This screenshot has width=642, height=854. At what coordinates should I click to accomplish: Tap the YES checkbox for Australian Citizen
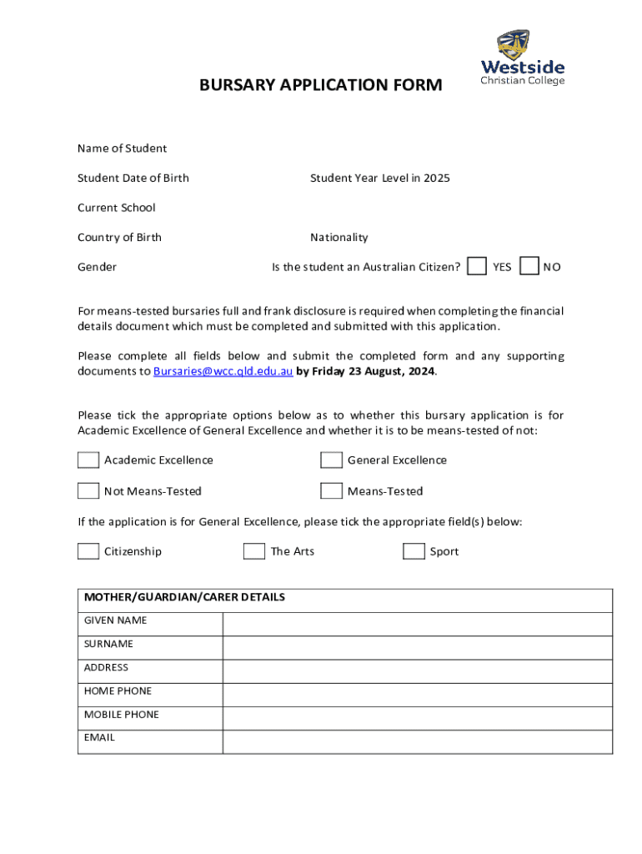click(477, 266)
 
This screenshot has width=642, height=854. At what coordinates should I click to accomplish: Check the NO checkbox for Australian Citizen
click(529, 266)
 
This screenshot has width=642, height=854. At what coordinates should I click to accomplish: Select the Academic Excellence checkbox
click(88, 460)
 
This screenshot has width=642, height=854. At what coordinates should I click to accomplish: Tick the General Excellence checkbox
click(331, 460)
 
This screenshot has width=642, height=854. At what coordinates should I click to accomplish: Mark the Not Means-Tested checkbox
click(88, 490)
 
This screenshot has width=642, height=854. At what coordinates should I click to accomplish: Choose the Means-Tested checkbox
click(331, 490)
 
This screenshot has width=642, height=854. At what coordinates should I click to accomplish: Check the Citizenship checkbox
click(88, 551)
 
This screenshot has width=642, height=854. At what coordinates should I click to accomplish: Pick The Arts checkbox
click(253, 551)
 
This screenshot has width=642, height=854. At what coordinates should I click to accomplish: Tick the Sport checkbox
click(414, 551)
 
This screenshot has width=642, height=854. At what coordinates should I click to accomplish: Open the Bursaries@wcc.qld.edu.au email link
click(223, 371)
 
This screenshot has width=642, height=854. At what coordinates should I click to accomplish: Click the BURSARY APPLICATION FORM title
click(321, 85)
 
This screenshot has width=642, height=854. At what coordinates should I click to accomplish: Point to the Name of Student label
click(122, 148)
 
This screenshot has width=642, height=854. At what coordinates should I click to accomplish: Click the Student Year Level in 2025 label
click(379, 178)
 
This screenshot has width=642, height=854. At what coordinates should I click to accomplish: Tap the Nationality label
click(339, 238)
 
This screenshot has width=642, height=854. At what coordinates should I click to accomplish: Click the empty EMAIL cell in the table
click(417, 741)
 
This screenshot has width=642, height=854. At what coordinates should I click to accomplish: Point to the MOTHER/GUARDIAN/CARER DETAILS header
click(184, 597)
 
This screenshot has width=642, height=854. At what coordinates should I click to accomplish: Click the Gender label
click(97, 267)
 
